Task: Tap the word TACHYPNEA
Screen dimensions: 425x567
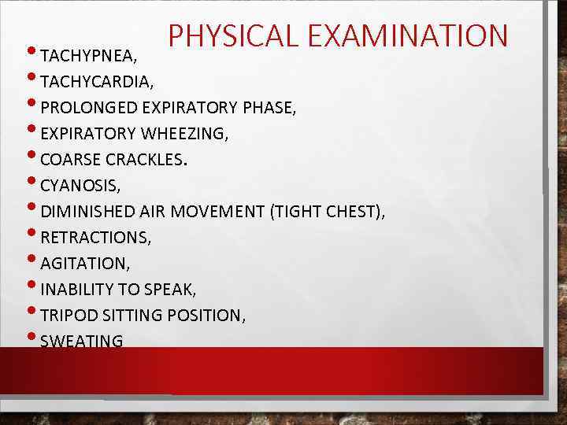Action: tap(80, 56)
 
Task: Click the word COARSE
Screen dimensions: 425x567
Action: tap(70, 160)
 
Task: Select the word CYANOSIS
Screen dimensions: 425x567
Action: tap(79, 186)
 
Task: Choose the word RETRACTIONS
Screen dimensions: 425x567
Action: tap(94, 238)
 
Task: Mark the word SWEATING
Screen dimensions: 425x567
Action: tap(81, 342)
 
